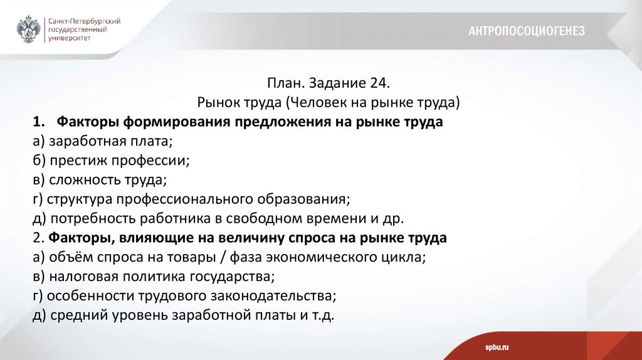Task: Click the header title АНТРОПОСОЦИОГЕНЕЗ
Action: tap(526, 31)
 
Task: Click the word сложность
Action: tap(82, 181)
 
